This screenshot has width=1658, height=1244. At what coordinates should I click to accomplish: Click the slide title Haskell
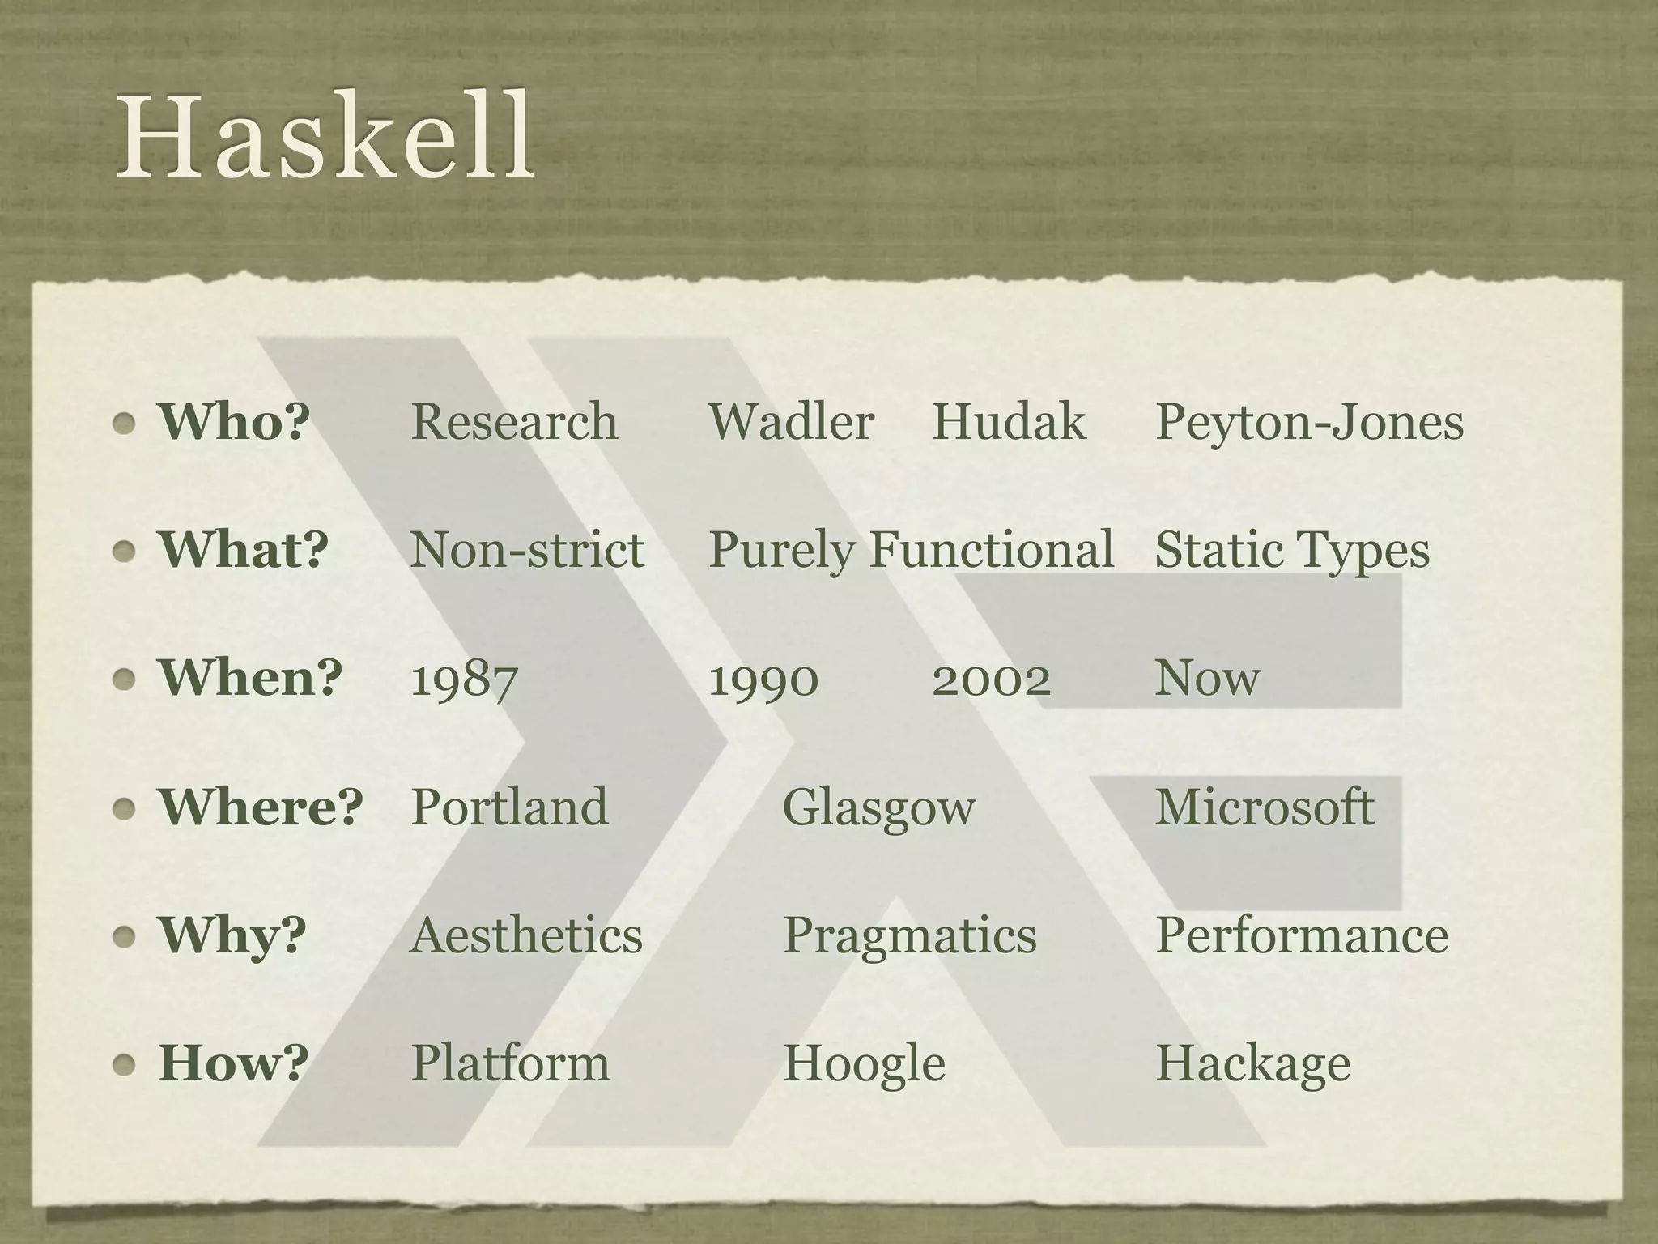pyautogui.click(x=324, y=136)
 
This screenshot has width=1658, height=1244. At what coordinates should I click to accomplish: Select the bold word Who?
pyautogui.click(x=234, y=421)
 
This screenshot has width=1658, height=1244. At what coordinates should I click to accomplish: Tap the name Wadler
pyautogui.click(x=791, y=421)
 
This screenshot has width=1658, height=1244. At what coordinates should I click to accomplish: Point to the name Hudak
pyautogui.click(x=1009, y=421)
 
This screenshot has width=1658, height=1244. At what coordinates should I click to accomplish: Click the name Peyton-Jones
pyautogui.click(x=1309, y=421)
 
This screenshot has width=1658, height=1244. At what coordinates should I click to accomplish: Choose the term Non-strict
pyautogui.click(x=527, y=550)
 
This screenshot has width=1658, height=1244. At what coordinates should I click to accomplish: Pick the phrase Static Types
pyautogui.click(x=1292, y=550)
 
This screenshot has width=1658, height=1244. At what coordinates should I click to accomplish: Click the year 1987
pyautogui.click(x=464, y=678)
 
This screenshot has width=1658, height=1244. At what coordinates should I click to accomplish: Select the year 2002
pyautogui.click(x=991, y=678)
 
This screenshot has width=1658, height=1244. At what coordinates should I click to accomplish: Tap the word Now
pyautogui.click(x=1207, y=678)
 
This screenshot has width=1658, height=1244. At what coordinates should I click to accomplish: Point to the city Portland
pyautogui.click(x=509, y=807)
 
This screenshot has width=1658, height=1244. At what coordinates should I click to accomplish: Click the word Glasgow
pyautogui.click(x=879, y=807)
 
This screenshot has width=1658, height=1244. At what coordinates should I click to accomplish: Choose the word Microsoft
pyautogui.click(x=1264, y=807)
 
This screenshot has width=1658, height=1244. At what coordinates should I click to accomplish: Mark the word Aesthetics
pyautogui.click(x=526, y=935)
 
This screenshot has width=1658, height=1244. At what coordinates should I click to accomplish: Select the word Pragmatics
pyautogui.click(x=909, y=935)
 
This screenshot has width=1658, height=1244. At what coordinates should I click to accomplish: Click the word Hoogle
pyautogui.click(x=864, y=1063)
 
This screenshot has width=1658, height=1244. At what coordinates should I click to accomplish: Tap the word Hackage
pyautogui.click(x=1252, y=1063)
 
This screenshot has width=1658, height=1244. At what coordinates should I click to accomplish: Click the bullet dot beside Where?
pyautogui.click(x=124, y=807)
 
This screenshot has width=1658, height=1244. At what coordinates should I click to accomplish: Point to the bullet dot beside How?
pyautogui.click(x=124, y=1064)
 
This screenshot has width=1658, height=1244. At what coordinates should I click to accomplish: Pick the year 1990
pyautogui.click(x=763, y=678)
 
